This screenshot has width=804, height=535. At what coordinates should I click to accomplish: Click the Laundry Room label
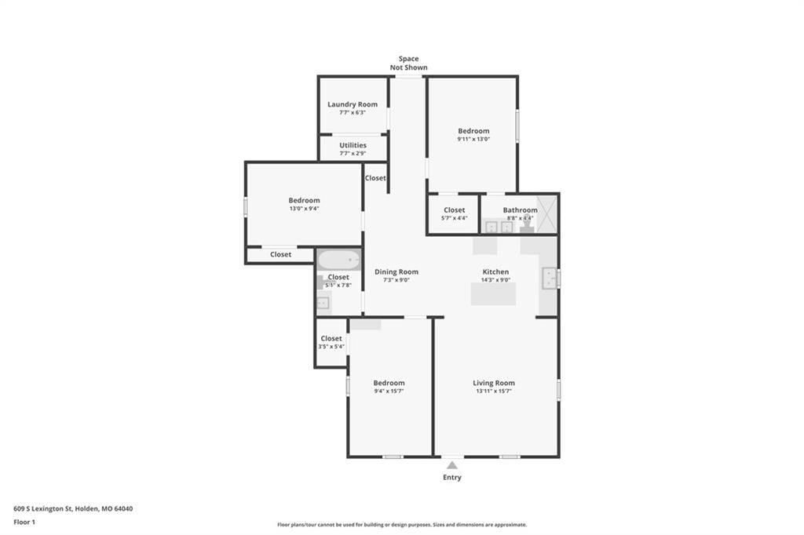point(353,104)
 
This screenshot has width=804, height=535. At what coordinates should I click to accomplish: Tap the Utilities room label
point(353,145)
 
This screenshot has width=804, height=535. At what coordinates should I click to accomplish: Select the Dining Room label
point(397,271)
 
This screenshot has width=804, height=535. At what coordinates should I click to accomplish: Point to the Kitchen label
point(496,271)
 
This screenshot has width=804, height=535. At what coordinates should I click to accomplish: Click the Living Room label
point(494,383)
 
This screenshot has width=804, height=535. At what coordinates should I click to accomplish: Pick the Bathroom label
point(520,209)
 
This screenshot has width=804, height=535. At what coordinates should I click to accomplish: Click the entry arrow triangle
point(451,465)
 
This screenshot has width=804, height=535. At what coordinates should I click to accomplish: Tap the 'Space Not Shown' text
point(408,63)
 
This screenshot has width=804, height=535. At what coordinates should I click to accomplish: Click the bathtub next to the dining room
point(339,260)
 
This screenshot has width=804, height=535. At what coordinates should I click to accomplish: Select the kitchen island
point(493,293)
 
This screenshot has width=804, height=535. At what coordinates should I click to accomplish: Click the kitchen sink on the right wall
point(550,278)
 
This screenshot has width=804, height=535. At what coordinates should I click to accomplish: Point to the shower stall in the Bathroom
point(546,214)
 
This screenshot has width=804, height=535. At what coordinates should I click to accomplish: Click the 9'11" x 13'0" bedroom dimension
point(473,139)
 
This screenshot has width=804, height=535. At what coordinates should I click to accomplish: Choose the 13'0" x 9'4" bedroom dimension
point(304,209)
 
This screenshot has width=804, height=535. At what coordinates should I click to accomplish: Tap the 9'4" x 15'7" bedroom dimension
point(389,391)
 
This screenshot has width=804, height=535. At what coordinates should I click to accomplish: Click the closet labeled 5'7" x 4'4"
point(455,213)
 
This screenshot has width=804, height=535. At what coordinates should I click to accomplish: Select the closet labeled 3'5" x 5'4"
point(331,342)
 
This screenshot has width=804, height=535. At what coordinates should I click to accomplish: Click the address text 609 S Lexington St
point(42,509)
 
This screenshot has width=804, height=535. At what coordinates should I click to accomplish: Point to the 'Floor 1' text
point(24,522)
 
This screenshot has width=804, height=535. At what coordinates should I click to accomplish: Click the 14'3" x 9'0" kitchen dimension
point(496,280)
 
